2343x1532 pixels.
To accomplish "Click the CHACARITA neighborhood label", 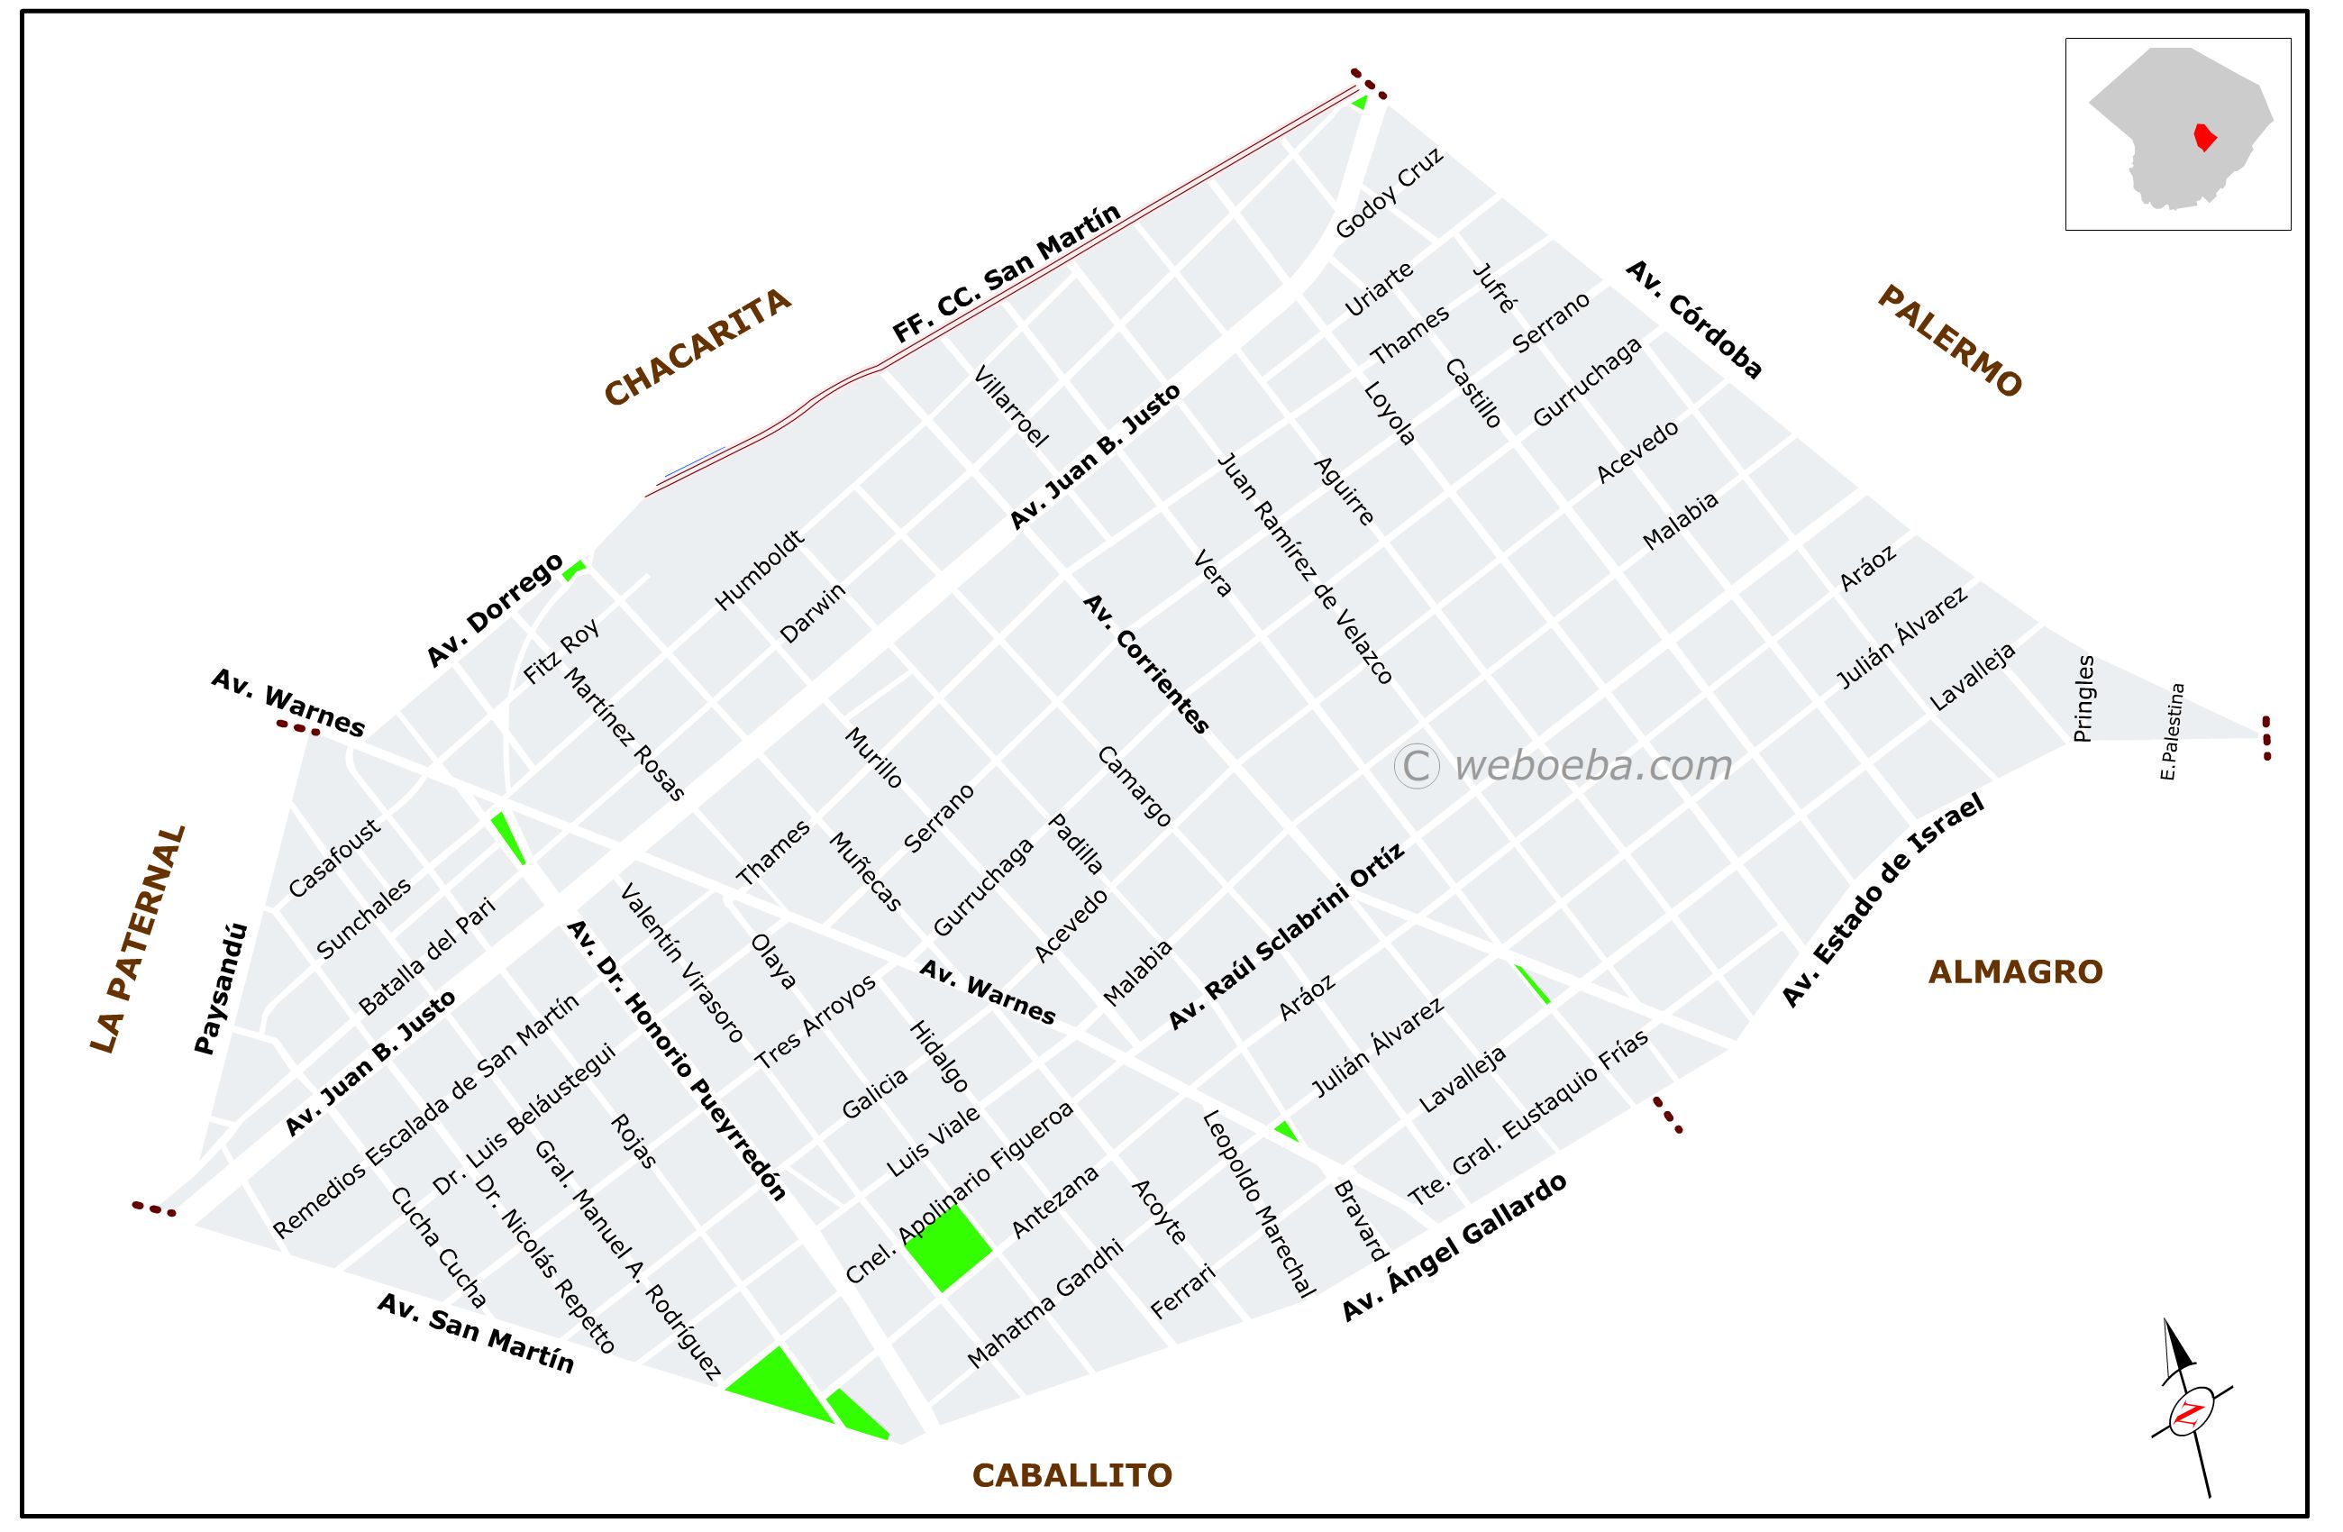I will (697, 347).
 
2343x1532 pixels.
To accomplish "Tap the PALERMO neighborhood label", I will (1949, 341).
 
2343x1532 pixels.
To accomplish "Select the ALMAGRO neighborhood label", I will (2015, 972).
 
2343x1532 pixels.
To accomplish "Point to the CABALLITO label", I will (1072, 1476).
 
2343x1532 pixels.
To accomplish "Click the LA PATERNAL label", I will (137, 939).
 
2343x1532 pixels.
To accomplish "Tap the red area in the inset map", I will (2205, 137).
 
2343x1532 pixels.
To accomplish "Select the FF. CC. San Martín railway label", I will (1006, 274).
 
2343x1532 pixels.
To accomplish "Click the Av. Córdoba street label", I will (1694, 320).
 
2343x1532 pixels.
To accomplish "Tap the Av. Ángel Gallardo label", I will (1455, 1247).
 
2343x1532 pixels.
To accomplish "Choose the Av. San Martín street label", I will (476, 1333).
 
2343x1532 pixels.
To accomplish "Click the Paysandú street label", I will (221, 989).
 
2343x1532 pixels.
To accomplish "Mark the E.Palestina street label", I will (2172, 732).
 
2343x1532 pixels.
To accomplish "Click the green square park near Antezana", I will (947, 1247).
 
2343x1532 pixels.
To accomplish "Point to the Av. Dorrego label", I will (494, 610).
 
